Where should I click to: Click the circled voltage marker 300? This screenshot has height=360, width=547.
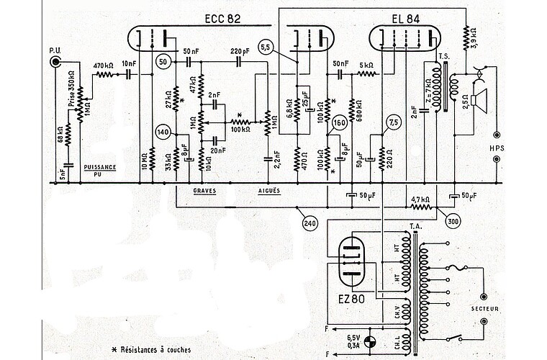pyautogui.click(x=452, y=221)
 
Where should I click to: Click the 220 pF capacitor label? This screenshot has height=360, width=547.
pyautogui.click(x=240, y=52)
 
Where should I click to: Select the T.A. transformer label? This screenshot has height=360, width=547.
pyautogui.click(x=415, y=226)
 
